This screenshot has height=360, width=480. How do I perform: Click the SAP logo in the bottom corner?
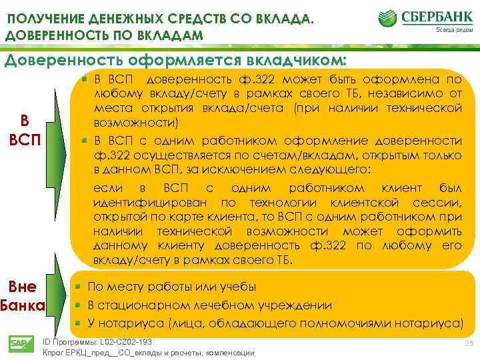pyautogui.click(x=18, y=344)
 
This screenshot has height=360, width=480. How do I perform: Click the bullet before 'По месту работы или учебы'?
pyautogui.click(x=78, y=287)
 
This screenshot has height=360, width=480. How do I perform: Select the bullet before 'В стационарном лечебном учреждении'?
pyautogui.click(x=78, y=305)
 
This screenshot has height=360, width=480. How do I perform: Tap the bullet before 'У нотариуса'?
pyautogui.click(x=78, y=323)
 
